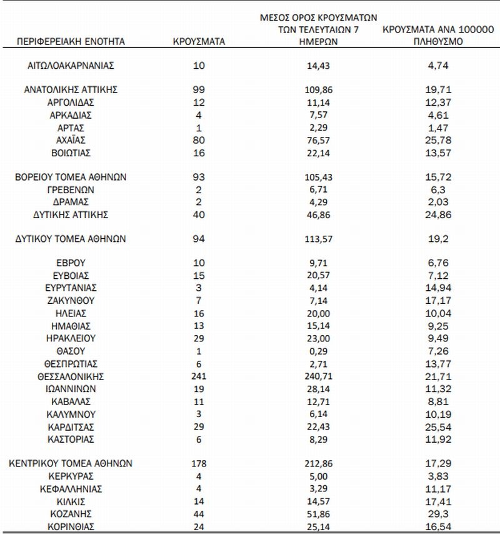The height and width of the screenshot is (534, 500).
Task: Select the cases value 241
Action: pos(199,376)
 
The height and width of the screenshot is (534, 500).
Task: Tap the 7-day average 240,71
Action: pos(322,376)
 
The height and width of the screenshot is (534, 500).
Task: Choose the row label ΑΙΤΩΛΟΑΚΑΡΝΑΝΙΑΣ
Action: pos(71,64)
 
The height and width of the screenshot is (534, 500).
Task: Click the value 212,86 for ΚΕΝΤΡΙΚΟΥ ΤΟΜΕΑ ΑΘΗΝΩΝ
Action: pos(322,464)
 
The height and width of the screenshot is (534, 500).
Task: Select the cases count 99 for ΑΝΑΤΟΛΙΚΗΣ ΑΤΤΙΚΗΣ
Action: pos(199,89)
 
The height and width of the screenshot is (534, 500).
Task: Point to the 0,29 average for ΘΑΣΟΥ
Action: pos(322,351)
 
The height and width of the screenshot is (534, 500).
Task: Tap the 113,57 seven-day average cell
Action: pos(322,238)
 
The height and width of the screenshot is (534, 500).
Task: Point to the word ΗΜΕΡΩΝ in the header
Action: pos(322,42)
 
